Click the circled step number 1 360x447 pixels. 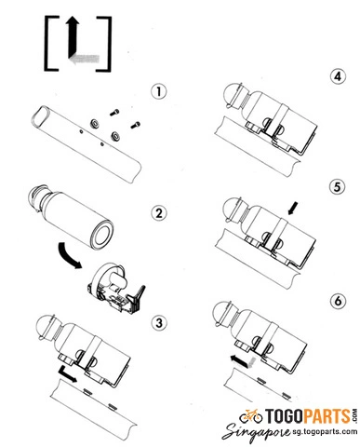158,92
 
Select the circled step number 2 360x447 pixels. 158,213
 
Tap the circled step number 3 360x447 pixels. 158,323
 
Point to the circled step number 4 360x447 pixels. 338,76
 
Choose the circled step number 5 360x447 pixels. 338,187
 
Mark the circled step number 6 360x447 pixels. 338,301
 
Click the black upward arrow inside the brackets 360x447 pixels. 73,38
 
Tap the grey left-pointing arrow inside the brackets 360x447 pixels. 84,59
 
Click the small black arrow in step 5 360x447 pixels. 293,208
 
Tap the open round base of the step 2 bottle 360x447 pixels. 101,234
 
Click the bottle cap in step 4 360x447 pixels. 232,95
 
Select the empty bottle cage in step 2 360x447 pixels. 116,289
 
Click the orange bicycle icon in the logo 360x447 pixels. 250,416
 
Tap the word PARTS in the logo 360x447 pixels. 327,416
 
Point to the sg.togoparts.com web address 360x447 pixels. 325,431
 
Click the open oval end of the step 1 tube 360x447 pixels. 41,115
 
